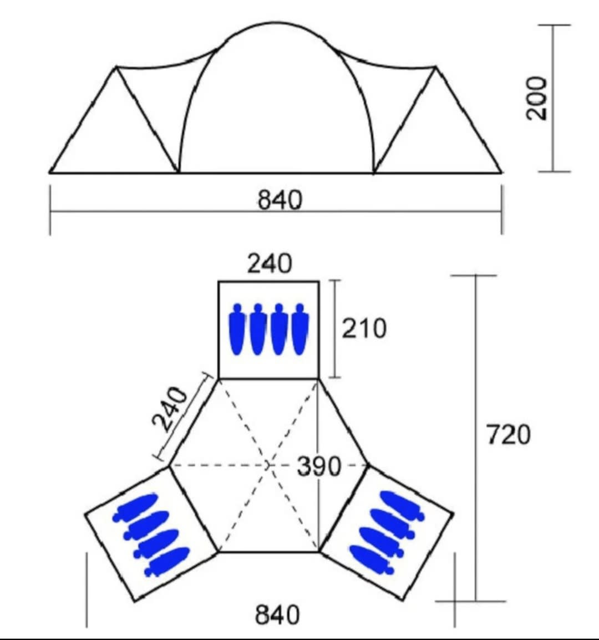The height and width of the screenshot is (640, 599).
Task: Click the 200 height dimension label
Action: coord(536,98)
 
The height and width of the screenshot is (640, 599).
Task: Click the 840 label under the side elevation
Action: coord(280,200)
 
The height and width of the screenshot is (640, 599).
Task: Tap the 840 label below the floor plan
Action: coord(277,614)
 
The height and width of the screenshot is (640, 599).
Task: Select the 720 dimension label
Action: coord(509,434)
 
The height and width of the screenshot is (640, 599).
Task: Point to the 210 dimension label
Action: coord(364,328)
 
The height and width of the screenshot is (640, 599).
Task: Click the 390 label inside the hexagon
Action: coord(318,466)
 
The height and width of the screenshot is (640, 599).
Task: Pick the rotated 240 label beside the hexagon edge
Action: coord(170,409)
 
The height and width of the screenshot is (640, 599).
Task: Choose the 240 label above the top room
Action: coord(270,263)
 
